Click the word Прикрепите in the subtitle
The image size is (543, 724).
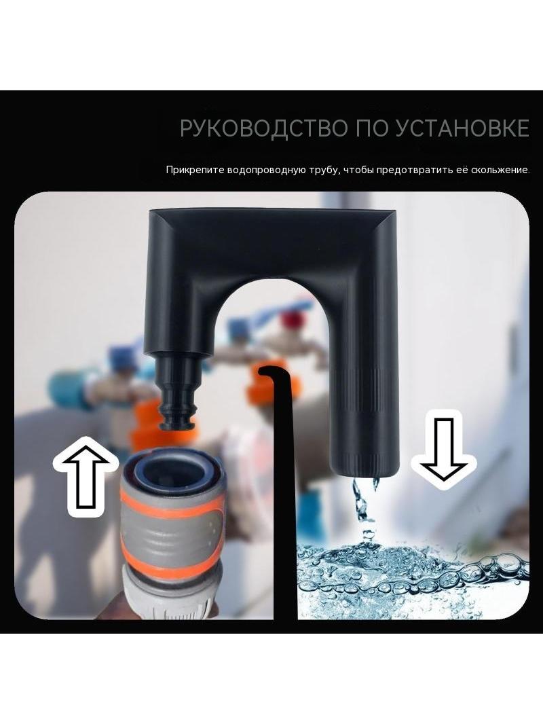click(x=195, y=170)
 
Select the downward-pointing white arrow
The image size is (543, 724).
click(x=443, y=450)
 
